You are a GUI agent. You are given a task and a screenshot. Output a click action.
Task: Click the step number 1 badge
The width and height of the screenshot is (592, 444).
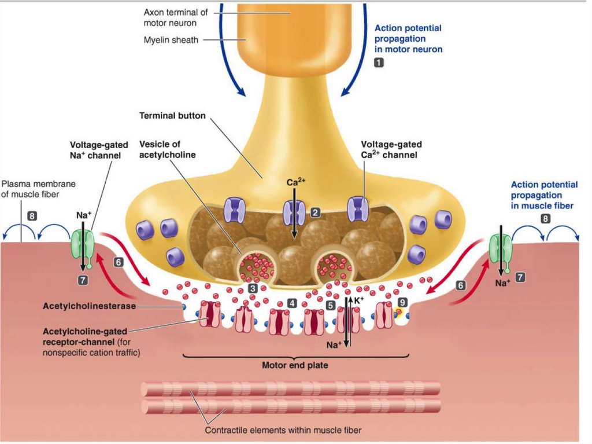tap(379, 64)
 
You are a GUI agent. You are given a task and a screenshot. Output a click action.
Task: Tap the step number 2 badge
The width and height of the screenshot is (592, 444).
tap(315, 212)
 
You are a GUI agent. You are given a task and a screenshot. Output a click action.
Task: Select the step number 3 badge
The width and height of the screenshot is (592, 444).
tap(253, 288)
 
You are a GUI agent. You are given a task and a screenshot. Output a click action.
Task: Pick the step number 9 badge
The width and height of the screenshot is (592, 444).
tap(402, 302)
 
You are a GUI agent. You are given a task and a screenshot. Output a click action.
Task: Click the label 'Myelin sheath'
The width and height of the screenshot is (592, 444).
tap(170, 40)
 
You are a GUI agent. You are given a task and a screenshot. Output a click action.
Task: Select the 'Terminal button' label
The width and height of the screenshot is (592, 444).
tap(172, 116)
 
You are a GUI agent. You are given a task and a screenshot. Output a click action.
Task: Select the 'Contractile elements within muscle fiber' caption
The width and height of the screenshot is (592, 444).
tap(284, 430)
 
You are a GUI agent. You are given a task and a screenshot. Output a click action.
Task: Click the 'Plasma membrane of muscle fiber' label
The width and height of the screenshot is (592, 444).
tap(38, 189)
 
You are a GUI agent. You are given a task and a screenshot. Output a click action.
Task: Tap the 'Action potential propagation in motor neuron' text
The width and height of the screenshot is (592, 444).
tap(408, 38)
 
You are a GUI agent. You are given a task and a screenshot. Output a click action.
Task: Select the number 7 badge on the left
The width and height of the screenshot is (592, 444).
tap(83, 280)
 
